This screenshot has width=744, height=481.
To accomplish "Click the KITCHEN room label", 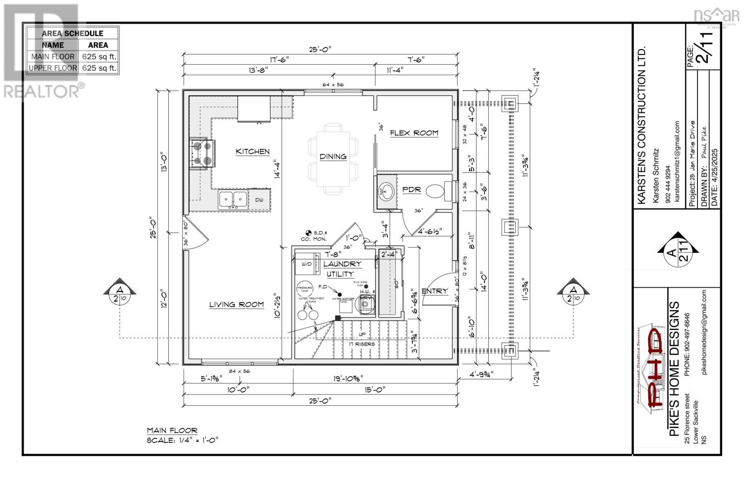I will coord(252,152).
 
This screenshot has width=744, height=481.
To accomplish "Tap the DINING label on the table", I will coord(333,157).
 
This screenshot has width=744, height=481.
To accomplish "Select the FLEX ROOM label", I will coord(414,133).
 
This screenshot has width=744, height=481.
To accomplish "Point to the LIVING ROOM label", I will coord(236,305).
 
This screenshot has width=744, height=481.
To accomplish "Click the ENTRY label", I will coord(434,291).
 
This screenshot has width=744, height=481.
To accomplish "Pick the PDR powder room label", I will coord(411,190).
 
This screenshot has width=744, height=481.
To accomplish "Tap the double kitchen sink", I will coord(233,199).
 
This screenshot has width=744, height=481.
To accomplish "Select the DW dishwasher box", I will coord(259,200).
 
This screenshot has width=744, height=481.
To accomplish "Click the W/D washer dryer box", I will coord(307,264).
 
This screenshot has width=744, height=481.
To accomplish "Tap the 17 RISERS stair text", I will coord(362,344).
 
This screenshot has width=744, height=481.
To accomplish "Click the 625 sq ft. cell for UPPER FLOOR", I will coord(99,68).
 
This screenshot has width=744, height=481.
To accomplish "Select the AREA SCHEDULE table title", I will coord(73,33).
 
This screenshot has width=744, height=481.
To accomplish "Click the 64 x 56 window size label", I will coord(333,85).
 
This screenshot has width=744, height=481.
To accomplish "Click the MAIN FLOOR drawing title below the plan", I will coord(172,430).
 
